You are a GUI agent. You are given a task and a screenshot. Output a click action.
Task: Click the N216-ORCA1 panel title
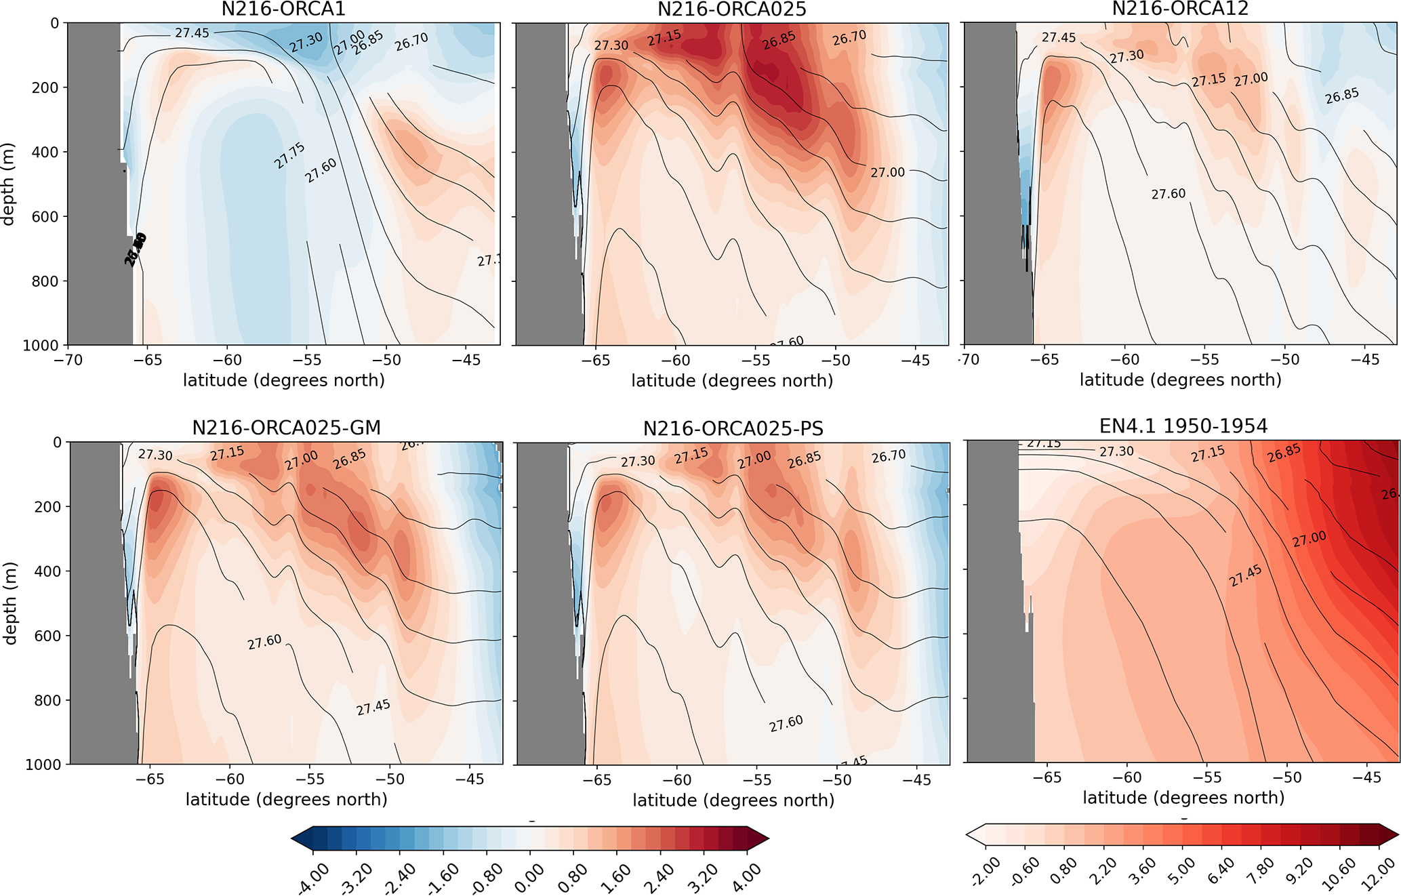pos(283,9)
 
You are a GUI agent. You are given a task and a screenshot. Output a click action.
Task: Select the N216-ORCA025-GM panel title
pos(286,428)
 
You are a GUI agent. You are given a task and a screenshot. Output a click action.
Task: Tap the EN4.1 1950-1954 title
pos(1183,426)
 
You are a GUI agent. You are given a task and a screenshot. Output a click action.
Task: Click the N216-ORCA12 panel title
pos(1180,9)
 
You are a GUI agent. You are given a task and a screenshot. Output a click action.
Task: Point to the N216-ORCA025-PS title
pos(733,428)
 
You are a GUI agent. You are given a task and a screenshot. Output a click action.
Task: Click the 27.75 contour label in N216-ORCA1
pos(289,156)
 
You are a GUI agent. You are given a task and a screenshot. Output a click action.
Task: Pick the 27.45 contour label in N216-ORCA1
pos(192,33)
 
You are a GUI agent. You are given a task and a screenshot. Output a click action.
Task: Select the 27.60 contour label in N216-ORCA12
pos(1169,195)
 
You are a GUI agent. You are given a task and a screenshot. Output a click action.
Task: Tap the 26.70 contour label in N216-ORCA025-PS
pos(889,457)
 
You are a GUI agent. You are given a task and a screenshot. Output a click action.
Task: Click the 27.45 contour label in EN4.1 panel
pos(1245,576)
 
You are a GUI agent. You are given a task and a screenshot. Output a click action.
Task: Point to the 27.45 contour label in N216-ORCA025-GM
pos(373,707)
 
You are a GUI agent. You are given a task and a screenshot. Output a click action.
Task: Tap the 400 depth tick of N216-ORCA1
pos(45,152)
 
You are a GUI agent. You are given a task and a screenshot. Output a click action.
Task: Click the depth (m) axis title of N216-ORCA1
pos(8,184)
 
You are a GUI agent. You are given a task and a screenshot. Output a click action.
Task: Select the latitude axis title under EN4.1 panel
pos(1183,798)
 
